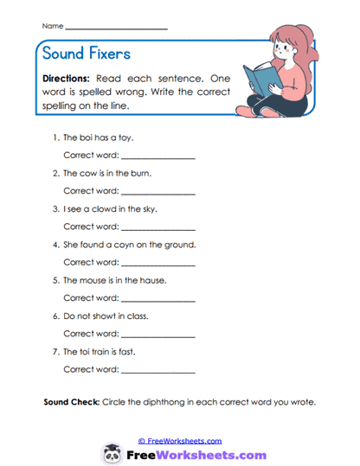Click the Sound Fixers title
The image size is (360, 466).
(x=87, y=54)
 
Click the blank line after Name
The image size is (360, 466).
(x=116, y=29)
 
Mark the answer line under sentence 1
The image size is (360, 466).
(x=157, y=157)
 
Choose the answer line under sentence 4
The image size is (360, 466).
(x=157, y=265)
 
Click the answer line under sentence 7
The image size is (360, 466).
(x=157, y=372)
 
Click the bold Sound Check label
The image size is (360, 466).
(x=71, y=403)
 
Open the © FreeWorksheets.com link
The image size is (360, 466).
(x=180, y=440)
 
